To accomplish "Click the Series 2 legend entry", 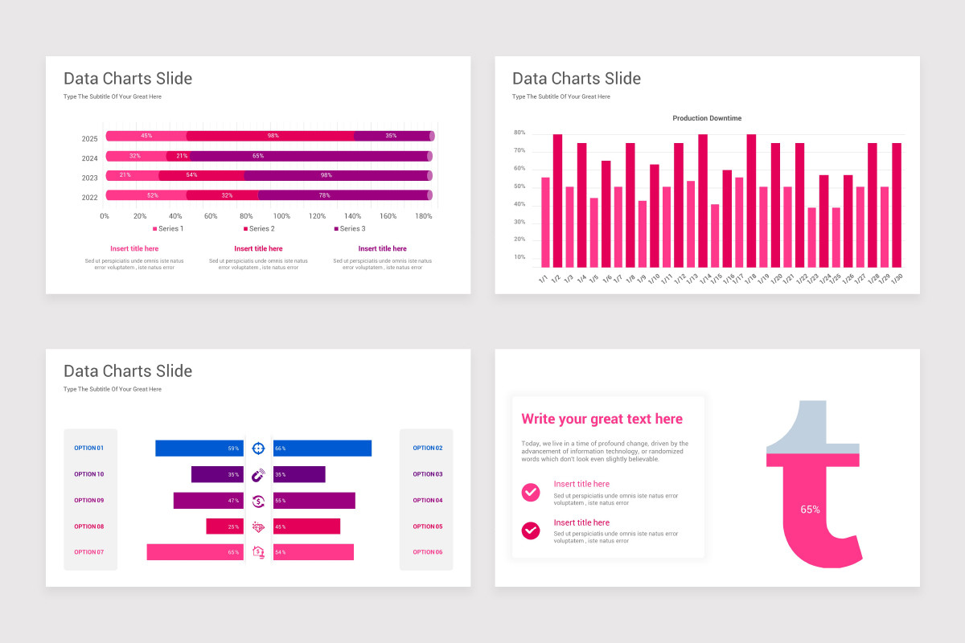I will click(x=259, y=229).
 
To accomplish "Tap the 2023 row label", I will click(x=89, y=178).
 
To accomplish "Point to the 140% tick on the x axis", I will click(x=353, y=216).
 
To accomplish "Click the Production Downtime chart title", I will click(x=707, y=118).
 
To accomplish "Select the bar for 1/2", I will click(x=557, y=201).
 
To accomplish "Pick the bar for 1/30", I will click(x=897, y=205).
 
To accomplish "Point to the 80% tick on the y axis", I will click(x=519, y=133).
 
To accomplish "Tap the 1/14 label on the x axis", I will click(x=704, y=279).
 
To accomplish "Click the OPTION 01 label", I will click(x=89, y=448).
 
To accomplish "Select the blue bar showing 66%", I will click(x=322, y=448).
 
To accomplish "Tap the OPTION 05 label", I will click(x=428, y=526).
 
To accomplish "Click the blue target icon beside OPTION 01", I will click(x=258, y=448).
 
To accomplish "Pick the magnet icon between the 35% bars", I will click(x=258, y=475).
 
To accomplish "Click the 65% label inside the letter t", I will click(x=810, y=510).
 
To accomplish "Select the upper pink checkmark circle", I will click(x=531, y=492).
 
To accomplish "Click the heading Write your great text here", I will click(x=602, y=419).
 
